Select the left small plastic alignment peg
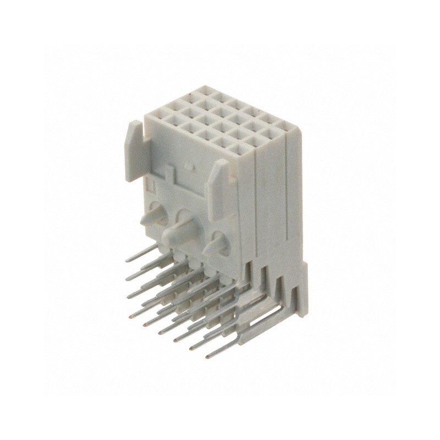(149, 219)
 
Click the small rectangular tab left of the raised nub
(168, 174)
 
